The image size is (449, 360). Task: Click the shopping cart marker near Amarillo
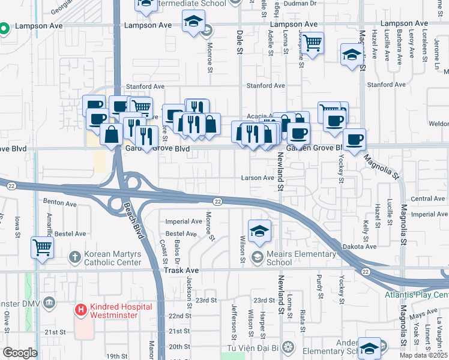click(42, 247)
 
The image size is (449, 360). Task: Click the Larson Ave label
click(258, 178)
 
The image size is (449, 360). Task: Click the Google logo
click(20, 352)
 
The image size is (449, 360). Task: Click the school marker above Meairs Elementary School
click(259, 231)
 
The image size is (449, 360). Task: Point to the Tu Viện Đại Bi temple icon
click(289, 346)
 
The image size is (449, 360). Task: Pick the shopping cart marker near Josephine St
click(312, 44)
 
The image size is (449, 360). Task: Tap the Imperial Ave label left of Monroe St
click(184, 221)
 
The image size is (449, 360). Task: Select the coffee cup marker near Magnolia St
click(354, 140)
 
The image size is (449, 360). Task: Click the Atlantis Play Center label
click(417, 295)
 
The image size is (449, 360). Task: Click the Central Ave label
click(428, 199)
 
